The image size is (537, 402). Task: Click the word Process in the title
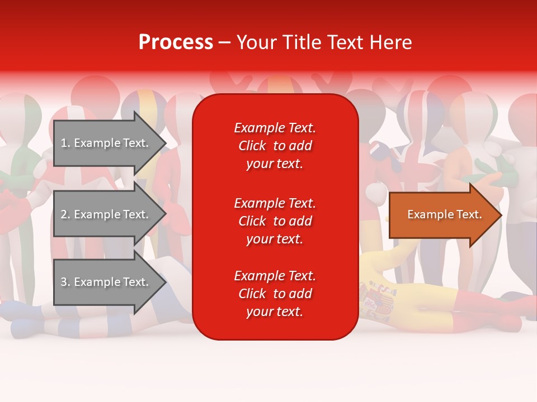click(x=176, y=42)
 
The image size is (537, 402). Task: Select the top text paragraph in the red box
click(x=275, y=146)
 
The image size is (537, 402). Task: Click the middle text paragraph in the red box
click(x=275, y=221)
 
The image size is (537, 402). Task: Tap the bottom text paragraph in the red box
click(x=275, y=294)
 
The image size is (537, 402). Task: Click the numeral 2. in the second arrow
click(x=65, y=214)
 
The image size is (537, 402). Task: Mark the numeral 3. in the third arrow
click(x=65, y=282)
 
